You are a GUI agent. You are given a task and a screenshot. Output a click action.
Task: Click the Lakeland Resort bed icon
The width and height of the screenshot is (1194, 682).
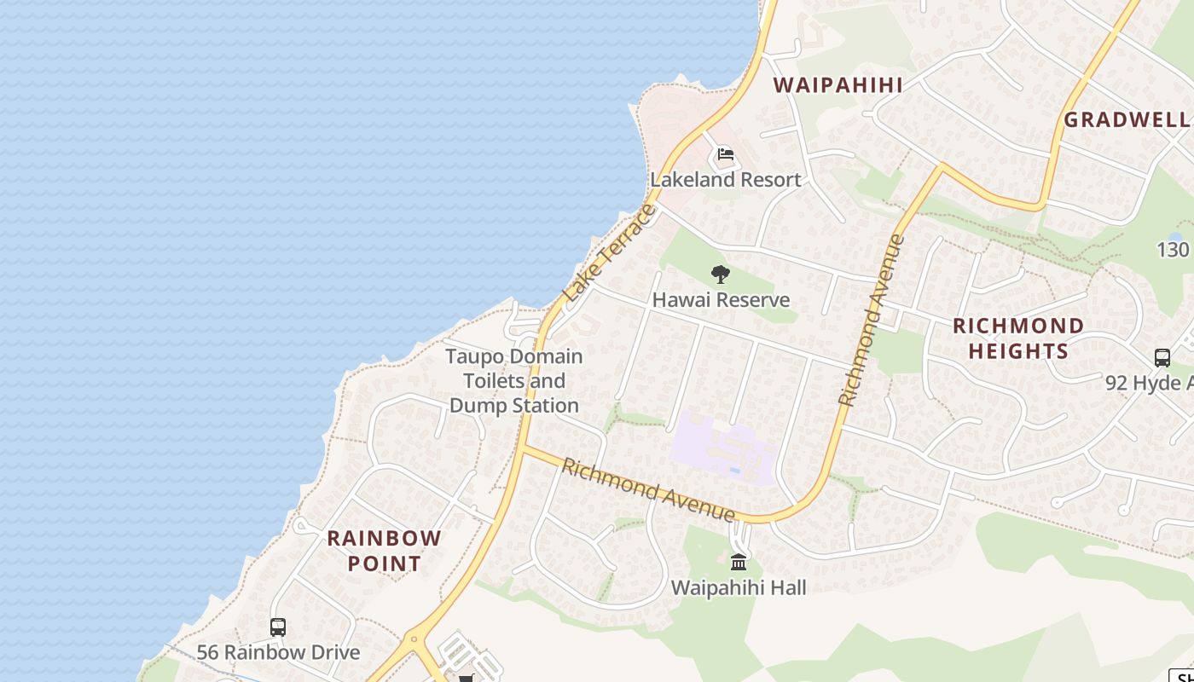tap(726, 154)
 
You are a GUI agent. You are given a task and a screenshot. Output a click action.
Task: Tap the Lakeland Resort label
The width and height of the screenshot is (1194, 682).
tap(726, 180)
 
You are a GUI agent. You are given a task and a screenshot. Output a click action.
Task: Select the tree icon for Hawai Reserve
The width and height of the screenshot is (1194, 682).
tap(721, 275)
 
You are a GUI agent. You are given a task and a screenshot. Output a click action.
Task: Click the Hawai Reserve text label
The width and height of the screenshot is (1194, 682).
tap(721, 300)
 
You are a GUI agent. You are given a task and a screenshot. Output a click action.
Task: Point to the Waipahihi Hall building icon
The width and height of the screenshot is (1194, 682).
tap(739, 562)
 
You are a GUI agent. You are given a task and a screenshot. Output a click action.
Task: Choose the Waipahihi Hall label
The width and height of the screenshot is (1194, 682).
tap(739, 587)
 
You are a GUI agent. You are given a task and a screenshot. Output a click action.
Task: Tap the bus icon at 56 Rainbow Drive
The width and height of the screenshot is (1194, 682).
tap(278, 627)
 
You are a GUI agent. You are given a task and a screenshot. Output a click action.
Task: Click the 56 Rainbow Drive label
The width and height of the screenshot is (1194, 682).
tap(278, 652)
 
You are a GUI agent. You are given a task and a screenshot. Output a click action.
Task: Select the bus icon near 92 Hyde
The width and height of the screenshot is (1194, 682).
tap(1162, 357)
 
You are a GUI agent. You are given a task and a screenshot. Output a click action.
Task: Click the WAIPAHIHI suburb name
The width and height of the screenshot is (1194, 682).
tap(838, 84)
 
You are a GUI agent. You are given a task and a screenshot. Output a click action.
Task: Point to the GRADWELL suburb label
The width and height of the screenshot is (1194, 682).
tap(1127, 119)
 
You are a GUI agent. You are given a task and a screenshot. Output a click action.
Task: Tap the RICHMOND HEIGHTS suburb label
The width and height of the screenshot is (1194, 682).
tap(1018, 338)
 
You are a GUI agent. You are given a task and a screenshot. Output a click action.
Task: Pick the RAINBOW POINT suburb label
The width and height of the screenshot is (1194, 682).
tap(385, 551)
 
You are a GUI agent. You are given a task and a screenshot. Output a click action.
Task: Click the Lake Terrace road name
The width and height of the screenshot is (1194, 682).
tap(611, 252)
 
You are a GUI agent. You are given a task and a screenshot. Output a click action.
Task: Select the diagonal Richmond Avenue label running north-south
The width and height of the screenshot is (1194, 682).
tap(871, 320)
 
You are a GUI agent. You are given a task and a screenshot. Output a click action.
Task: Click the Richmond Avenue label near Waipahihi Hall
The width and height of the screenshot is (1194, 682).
tap(648, 490)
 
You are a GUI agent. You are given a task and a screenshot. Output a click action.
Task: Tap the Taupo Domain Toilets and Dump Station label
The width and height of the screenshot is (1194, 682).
tap(514, 380)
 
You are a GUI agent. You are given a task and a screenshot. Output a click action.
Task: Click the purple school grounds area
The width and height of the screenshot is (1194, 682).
tap(723, 448)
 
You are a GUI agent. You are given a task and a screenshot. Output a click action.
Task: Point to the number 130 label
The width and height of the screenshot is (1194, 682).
tap(1173, 250)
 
